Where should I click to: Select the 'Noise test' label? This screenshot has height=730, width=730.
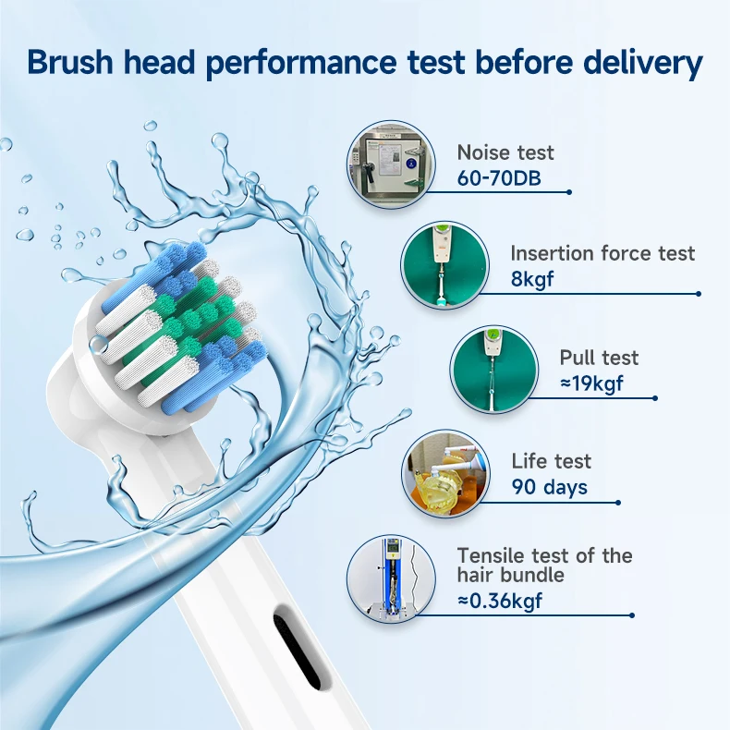click(505, 152)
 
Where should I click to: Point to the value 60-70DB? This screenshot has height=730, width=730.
click(500, 177)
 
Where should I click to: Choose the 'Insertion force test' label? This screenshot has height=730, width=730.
click(602, 253)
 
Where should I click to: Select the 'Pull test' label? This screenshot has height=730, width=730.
click(599, 358)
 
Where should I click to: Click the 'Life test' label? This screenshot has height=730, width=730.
click(551, 461)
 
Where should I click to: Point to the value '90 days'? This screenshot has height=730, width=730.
click(549, 486)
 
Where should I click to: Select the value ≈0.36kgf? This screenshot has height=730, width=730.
click(500, 601)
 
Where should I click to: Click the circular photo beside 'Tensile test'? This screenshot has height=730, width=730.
click(390, 579)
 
